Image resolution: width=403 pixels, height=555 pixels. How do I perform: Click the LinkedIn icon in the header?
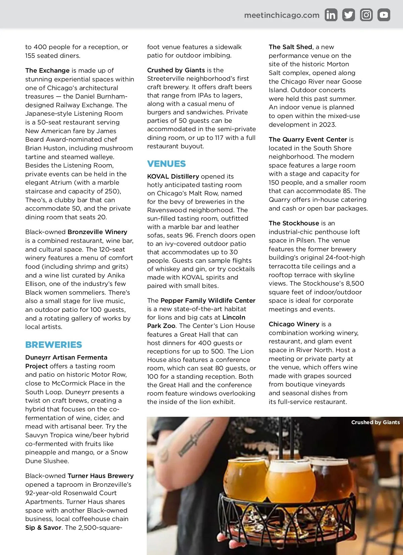pyautogui.click(x=331, y=15)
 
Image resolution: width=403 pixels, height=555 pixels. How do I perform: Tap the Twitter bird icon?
pyautogui.click(x=349, y=15)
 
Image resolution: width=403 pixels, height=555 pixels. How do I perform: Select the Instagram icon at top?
pyautogui.click(x=366, y=15)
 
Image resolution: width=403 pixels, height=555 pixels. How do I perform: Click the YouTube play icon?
pyautogui.click(x=384, y=15)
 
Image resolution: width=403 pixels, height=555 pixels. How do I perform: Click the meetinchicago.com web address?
pyautogui.click(x=282, y=15)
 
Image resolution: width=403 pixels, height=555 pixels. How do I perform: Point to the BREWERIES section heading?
pyautogui.click(x=53, y=345)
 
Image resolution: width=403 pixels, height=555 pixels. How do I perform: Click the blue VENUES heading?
pyautogui.click(x=166, y=164)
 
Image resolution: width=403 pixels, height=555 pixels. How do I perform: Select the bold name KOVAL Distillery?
pyautogui.click(x=173, y=176)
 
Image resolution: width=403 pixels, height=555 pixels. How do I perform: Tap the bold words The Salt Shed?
pyautogui.click(x=290, y=47)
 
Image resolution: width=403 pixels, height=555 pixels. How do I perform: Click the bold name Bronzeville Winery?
pyautogui.click(x=97, y=232)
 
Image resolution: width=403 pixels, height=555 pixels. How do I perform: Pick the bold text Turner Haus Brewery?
pyautogui.click(x=100, y=476)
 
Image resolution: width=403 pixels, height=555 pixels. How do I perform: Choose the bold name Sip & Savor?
pyautogui.click(x=43, y=527)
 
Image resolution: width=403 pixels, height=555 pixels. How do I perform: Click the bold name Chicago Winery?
pyautogui.click(x=294, y=324)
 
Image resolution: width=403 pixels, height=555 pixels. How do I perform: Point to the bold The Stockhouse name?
pyautogui.click(x=294, y=223)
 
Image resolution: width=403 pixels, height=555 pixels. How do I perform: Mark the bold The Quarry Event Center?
pyautogui.click(x=308, y=139)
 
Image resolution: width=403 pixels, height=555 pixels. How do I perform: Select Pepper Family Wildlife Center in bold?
pyautogui.click(x=208, y=300)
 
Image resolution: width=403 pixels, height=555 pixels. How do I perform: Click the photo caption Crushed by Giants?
pyautogui.click(x=375, y=422)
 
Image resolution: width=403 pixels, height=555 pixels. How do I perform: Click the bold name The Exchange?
pyautogui.click(x=47, y=70)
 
